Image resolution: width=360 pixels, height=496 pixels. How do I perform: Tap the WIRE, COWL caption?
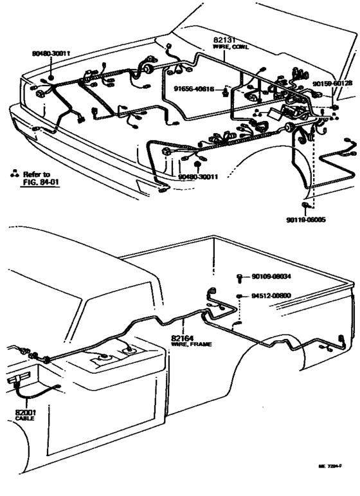pyautogui.click(x=230, y=47)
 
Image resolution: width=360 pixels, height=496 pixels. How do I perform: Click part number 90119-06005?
pyautogui.click(x=306, y=219)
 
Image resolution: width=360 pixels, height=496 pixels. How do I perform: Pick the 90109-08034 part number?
pyautogui.click(x=271, y=277)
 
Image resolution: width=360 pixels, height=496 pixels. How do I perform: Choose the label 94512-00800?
pyautogui.click(x=271, y=295)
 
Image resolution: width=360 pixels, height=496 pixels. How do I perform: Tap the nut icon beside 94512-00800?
pyautogui.click(x=239, y=295)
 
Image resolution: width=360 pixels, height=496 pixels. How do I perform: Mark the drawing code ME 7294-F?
pyautogui.click(x=330, y=483)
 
